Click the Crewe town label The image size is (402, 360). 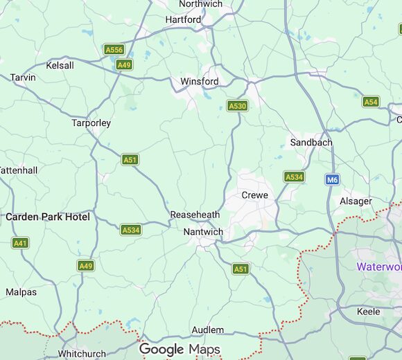[254, 195]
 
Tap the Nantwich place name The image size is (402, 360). [203, 232]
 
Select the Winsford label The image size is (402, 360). [200, 82]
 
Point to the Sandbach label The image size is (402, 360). [311, 143]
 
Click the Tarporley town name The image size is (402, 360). [91, 123]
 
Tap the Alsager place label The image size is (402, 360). [356, 201]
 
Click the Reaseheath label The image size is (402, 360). [195, 215]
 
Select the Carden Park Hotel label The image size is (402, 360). [48, 217]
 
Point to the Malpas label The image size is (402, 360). [21, 292]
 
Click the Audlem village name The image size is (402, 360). [207, 330]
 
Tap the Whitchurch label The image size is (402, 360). [82, 353]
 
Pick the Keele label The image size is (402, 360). [368, 312]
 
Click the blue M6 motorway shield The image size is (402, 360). [333, 179]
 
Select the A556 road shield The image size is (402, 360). [114, 50]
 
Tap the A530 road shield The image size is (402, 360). [237, 106]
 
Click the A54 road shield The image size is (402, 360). [371, 102]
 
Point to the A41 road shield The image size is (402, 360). [21, 243]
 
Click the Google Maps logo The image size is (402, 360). [180, 350]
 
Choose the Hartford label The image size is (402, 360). [183, 20]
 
